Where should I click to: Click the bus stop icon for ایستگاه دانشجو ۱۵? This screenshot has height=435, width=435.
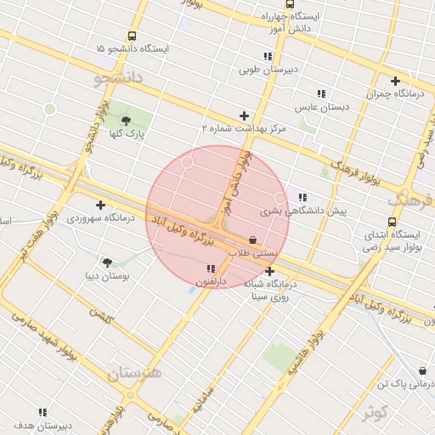click(x=132, y=36)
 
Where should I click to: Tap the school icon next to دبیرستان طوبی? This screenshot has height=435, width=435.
click(x=268, y=56)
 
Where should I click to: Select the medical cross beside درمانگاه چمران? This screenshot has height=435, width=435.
click(x=395, y=82)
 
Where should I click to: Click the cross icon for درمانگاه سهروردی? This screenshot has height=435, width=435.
click(x=101, y=205)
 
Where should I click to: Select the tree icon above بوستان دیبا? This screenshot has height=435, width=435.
click(x=107, y=263)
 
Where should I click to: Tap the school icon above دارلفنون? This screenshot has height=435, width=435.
click(x=211, y=268)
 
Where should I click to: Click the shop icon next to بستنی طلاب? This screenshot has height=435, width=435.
click(x=252, y=240)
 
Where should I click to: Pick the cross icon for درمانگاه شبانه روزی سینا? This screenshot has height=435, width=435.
click(x=270, y=272)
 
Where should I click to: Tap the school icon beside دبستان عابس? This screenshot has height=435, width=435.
click(x=321, y=93)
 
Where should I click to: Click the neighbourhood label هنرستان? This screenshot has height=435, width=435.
click(x=135, y=374)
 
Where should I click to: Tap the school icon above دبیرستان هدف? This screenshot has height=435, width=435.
click(x=42, y=412)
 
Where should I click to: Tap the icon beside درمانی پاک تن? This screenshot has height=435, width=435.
click(x=423, y=371)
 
